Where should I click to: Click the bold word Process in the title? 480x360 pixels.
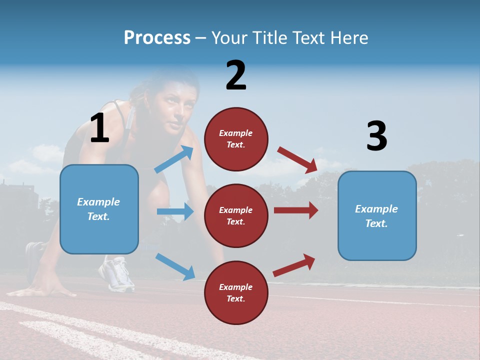[157, 37]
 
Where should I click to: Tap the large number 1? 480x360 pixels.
[99, 128]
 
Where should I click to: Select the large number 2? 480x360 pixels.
[236, 75]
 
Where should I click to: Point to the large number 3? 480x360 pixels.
[376, 136]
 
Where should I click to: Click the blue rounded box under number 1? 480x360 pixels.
[99, 209]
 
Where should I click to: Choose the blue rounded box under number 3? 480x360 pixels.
[377, 216]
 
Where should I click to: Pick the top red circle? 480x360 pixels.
[236, 139]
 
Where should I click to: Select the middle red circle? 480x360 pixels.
[236, 215]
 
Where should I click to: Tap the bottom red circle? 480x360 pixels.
[236, 292]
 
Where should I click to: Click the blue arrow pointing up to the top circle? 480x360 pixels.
[174, 159]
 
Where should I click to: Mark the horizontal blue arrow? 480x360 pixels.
[175, 211]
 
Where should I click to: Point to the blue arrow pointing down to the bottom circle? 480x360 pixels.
[175, 266]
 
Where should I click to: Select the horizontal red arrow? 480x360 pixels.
[295, 210]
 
